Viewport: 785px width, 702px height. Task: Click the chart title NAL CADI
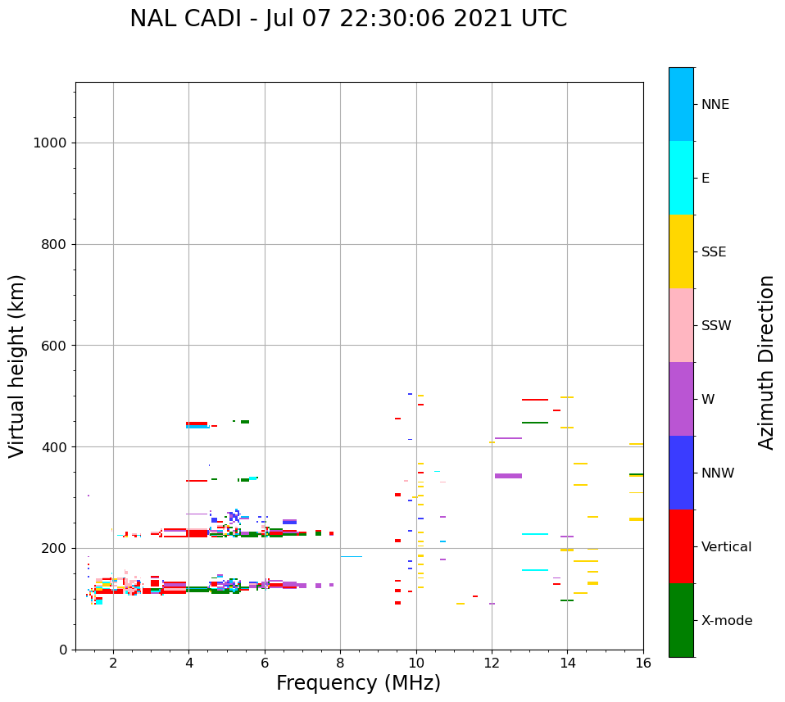tap(348, 19)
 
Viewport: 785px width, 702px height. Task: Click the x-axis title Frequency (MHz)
tap(358, 683)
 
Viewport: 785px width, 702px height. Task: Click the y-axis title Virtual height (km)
tap(17, 365)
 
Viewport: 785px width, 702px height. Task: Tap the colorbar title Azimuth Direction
tap(766, 362)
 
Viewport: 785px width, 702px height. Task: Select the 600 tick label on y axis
tap(53, 346)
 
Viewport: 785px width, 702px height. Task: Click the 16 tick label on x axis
tap(643, 662)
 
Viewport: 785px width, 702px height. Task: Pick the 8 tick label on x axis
tap(340, 662)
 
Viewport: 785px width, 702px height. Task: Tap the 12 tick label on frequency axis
tap(492, 662)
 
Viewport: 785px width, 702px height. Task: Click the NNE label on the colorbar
tap(715, 105)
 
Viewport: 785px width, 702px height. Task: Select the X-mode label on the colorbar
tap(726, 621)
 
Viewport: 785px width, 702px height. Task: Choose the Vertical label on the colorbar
tap(727, 547)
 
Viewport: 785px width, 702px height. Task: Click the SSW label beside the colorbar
tap(716, 326)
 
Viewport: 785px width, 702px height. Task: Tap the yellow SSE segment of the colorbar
tap(681, 251)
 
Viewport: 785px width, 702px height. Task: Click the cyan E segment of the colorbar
tap(681, 178)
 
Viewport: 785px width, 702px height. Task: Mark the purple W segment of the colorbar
tap(681, 399)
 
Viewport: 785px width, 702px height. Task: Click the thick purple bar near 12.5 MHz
tap(508, 476)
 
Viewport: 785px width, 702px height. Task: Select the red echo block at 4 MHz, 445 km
tap(197, 423)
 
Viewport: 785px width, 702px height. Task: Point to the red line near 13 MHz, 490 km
tap(535, 400)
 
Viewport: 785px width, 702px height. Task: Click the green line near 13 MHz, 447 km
tap(535, 423)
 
